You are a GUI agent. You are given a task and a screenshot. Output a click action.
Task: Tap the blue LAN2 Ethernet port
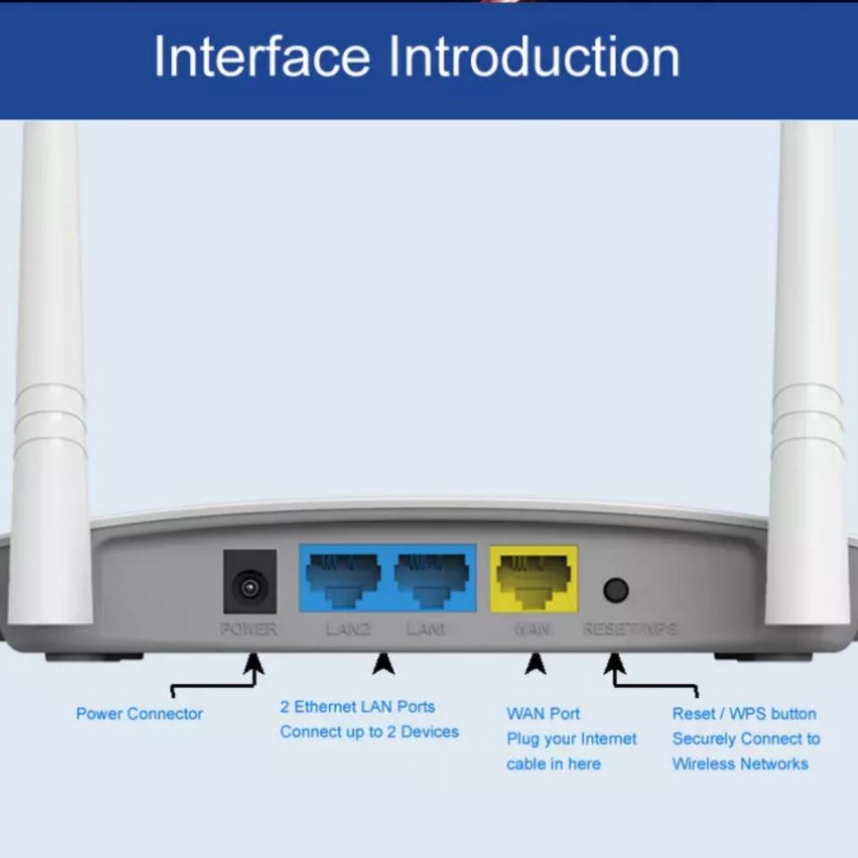[343, 578]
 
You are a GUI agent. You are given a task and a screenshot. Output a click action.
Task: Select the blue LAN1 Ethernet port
[431, 578]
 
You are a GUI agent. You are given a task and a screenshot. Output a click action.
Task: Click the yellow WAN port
[534, 578]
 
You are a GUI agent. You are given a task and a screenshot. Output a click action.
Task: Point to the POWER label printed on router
[248, 629]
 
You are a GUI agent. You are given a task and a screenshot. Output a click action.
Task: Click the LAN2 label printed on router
[348, 629]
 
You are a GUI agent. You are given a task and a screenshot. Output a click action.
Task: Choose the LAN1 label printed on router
[425, 629]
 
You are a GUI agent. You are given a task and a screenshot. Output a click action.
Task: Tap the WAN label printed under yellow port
[533, 629]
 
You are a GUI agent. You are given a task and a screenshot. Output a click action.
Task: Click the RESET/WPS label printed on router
[629, 629]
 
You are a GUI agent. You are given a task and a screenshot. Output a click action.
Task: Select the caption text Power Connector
[139, 713]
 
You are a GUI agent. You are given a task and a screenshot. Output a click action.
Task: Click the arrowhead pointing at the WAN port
[535, 663]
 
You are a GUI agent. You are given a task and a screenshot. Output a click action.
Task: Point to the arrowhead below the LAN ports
[383, 663]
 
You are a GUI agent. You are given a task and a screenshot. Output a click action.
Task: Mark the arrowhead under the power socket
[254, 663]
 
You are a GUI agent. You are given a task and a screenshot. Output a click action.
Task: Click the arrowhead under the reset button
[615, 663]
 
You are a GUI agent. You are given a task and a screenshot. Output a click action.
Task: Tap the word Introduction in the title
[534, 56]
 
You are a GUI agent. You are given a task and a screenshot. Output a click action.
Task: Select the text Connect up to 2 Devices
[369, 732]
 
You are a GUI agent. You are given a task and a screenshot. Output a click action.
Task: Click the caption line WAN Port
[543, 713]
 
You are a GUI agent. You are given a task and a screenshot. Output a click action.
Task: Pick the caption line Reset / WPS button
[744, 713]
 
